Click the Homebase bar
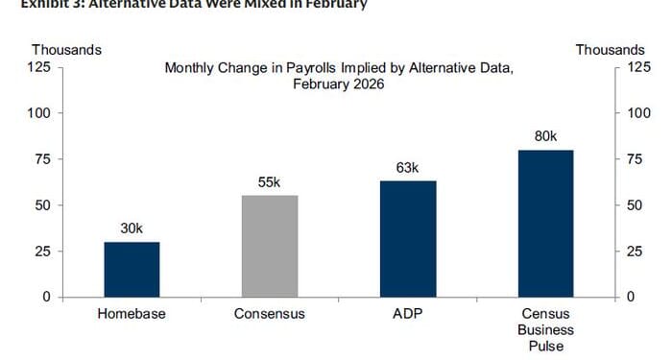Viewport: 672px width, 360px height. tap(132, 270)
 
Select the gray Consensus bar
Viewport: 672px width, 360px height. tap(270, 247)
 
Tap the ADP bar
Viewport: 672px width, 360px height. tap(408, 239)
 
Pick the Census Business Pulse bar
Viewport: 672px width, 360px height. tap(545, 224)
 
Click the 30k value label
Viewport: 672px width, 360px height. tap(132, 228)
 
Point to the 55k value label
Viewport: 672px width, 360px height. tap(270, 182)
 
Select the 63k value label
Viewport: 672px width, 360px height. tap(408, 168)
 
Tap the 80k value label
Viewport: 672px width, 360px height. tap(546, 136)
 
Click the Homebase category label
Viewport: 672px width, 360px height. tap(132, 314)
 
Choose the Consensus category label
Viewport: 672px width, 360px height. tap(270, 314)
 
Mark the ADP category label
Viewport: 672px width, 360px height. tap(408, 314)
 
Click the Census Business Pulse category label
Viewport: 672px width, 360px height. tap(545, 329)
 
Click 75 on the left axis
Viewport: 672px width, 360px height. tap(43, 159)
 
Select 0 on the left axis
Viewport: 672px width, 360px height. tap(47, 297)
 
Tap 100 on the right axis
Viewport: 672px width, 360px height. tap(637, 113)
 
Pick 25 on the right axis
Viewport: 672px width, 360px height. tap(635, 252)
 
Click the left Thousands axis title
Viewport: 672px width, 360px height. tap(66, 49)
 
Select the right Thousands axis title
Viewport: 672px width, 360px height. tap(610, 49)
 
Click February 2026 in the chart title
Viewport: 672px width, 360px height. tap(339, 84)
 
